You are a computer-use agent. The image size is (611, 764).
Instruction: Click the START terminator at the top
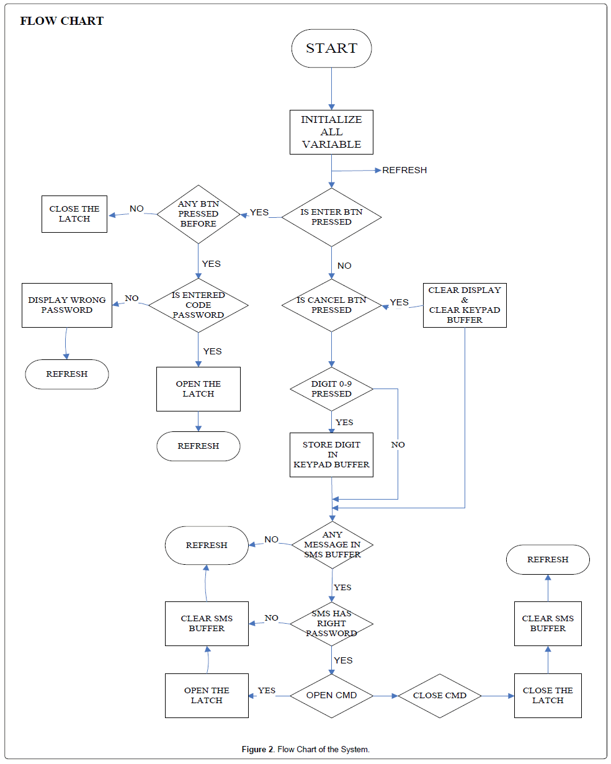click(331, 48)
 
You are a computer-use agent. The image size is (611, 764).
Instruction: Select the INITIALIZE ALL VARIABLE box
click(331, 132)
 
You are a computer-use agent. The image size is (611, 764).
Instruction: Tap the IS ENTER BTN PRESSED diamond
click(331, 217)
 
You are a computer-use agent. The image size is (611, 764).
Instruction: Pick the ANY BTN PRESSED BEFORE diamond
click(198, 213)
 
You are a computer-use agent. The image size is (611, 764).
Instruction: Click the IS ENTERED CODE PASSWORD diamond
click(198, 305)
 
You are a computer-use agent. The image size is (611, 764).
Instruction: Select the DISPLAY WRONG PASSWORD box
click(67, 305)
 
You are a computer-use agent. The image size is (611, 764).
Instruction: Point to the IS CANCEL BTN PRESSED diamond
click(331, 305)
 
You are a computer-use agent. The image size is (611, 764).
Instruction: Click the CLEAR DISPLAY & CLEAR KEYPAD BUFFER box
click(465, 305)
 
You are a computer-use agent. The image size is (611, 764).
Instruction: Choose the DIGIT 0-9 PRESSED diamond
click(331, 389)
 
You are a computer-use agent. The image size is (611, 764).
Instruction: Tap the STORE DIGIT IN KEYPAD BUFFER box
click(331, 455)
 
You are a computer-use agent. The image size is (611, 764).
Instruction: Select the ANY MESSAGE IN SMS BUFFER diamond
click(332, 544)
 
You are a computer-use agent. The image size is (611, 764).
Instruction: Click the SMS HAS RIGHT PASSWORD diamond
click(331, 623)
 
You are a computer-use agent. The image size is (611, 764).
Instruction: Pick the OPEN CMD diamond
click(331, 695)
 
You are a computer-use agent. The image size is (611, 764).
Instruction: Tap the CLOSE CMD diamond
click(440, 695)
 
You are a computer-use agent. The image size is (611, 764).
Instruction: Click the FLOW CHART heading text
click(61, 21)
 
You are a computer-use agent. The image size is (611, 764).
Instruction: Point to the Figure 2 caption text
click(305, 749)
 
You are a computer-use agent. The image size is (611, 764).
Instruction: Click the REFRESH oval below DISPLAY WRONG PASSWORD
click(67, 374)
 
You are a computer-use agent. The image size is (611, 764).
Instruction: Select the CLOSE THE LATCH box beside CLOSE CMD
click(548, 695)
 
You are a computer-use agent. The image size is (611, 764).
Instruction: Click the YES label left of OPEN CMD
click(267, 690)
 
